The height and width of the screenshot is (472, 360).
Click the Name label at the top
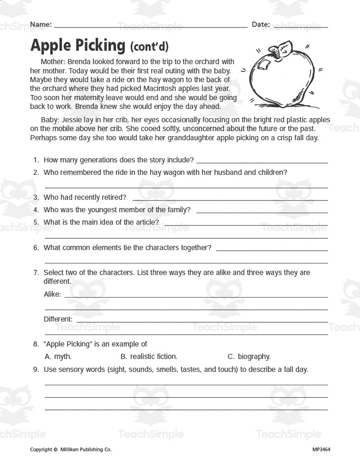pos(40,24)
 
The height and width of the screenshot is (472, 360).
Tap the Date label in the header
pos(261,24)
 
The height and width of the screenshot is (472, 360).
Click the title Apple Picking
pos(77,45)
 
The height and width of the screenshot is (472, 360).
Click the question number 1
pos(36,160)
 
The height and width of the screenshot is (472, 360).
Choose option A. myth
pos(58,356)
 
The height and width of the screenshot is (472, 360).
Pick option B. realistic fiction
pos(149,356)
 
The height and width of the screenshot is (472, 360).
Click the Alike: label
pos(52,294)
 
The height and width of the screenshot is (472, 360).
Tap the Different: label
pos(58,319)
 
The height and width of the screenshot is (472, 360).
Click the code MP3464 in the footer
pos(321,449)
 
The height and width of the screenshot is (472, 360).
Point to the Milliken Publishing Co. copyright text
pos(85,449)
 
